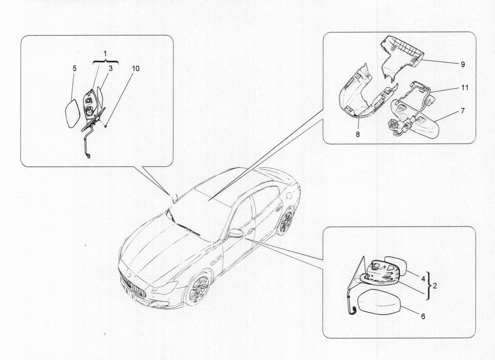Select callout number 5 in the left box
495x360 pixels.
[x=74, y=68]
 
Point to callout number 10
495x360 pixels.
[x=135, y=68]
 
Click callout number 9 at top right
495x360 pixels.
[x=463, y=64]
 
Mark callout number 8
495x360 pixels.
[x=359, y=134]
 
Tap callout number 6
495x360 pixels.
[x=423, y=316]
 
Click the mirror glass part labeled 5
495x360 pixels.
[x=72, y=114]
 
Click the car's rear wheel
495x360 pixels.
[x=285, y=221]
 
